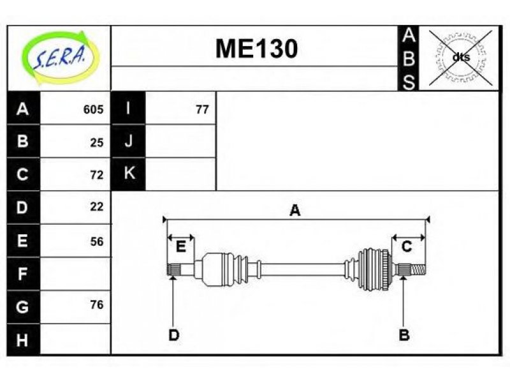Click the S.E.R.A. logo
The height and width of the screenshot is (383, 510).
pyautogui.click(x=59, y=57)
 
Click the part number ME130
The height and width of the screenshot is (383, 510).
pyautogui.click(x=257, y=49)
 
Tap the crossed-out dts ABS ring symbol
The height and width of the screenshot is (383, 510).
pyautogui.click(x=460, y=58)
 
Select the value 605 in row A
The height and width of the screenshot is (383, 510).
pyautogui.click(x=93, y=109)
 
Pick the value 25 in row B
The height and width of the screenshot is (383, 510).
pyautogui.click(x=97, y=142)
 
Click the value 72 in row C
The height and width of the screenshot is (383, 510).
pyautogui.click(x=97, y=175)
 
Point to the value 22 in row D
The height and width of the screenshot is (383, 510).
pyautogui.click(x=97, y=206)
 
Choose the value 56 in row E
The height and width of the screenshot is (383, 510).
pyautogui.click(x=97, y=241)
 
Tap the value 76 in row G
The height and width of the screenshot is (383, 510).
pyautogui.click(x=97, y=304)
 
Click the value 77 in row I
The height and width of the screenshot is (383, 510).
pyautogui.click(x=202, y=109)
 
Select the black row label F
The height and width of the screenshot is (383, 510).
pyautogui.click(x=23, y=274)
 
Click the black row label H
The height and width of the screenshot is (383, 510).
pyautogui.click(x=23, y=340)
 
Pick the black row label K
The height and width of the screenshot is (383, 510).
pyautogui.click(x=129, y=173)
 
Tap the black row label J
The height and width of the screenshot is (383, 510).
pyautogui.click(x=129, y=141)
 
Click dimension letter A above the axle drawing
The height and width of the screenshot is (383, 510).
pyautogui.click(x=295, y=211)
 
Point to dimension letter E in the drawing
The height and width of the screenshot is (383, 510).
pyautogui.click(x=180, y=246)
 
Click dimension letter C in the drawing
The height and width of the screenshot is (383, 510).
pyautogui.click(x=407, y=246)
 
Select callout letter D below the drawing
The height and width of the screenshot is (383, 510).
pyautogui.click(x=173, y=334)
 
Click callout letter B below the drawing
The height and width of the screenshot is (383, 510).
pyautogui.click(x=404, y=334)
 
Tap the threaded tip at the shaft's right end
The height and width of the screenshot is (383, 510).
pyautogui.click(x=418, y=269)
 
